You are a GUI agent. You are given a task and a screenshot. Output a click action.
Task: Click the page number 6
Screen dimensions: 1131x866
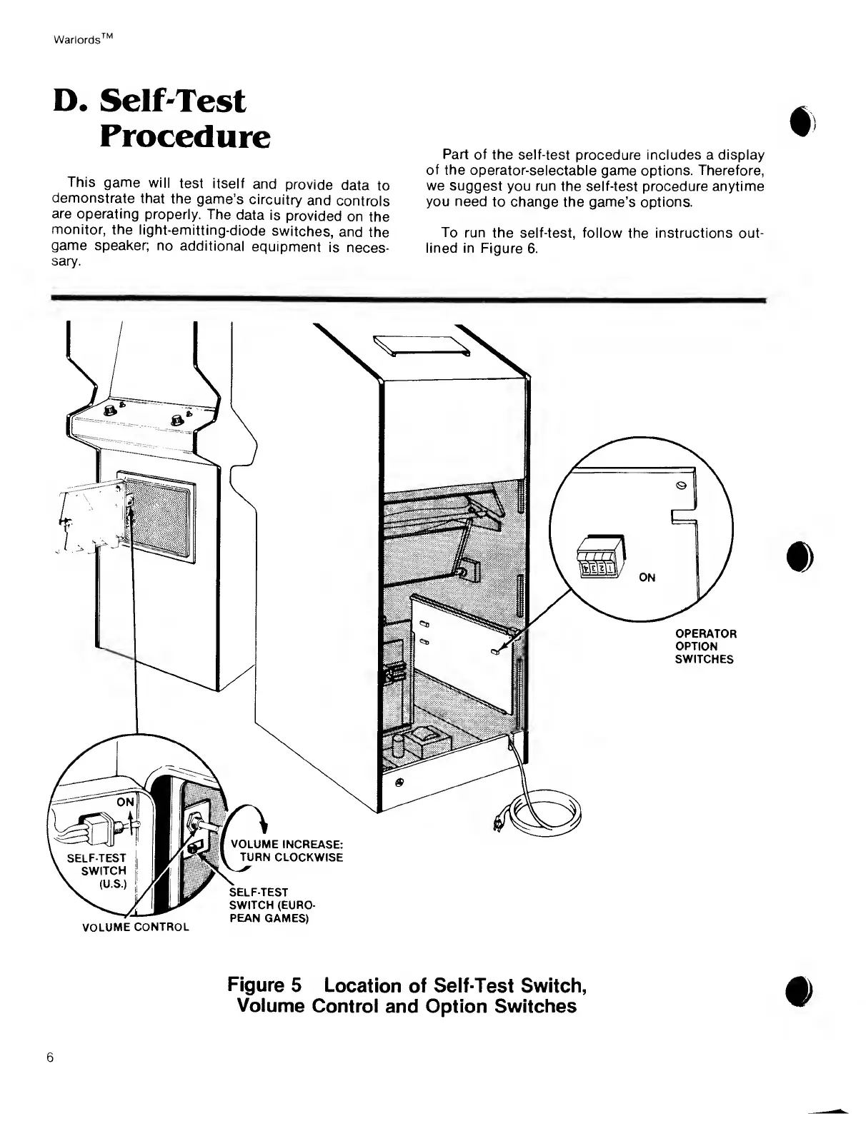[x=50, y=1057]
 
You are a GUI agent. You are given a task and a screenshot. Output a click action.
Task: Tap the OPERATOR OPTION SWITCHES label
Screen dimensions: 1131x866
[x=705, y=646]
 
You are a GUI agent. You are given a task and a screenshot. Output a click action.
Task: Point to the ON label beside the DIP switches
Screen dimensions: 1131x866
[x=647, y=578]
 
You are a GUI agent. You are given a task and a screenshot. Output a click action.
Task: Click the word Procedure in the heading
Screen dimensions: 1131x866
[x=184, y=136]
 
